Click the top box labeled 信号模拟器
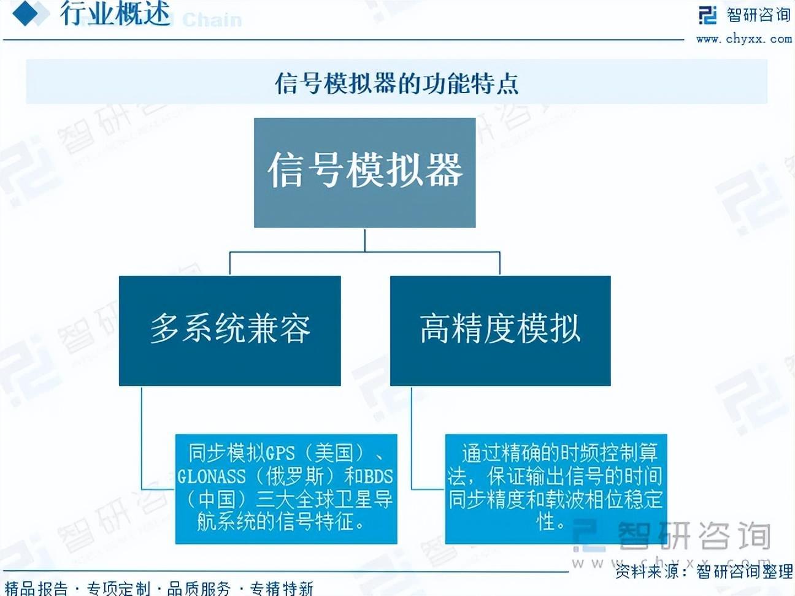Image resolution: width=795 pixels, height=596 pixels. point(365,172)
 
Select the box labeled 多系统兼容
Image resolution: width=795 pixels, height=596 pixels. point(230,330)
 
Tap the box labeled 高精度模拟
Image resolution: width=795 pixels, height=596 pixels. point(500,330)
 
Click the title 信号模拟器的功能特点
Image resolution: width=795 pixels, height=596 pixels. point(396,83)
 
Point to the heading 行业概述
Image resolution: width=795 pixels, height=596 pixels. point(115,13)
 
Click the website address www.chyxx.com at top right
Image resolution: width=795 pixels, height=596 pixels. point(743,39)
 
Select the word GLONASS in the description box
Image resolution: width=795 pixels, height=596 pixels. point(212,476)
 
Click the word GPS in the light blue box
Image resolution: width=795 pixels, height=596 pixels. point(280,454)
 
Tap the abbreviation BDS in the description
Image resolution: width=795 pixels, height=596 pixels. point(378,476)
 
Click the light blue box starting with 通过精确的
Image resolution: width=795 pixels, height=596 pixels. point(555,489)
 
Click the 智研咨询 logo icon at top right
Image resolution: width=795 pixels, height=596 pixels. point(707,15)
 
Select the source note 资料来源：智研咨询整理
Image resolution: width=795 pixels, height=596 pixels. point(704,571)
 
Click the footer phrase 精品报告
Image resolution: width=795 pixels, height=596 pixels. point(36,589)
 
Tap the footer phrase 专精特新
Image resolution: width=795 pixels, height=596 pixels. point(282,589)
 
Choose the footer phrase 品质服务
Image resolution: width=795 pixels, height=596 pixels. point(199,589)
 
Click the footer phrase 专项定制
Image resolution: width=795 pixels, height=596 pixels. point(118,589)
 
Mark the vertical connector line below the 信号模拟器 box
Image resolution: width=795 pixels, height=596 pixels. point(365,240)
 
